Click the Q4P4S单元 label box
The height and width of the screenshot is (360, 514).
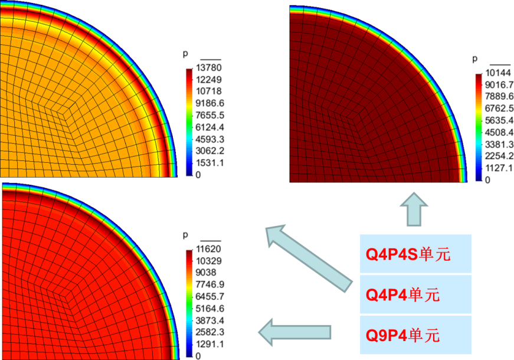(415, 254)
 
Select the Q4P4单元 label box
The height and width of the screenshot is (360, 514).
(415, 294)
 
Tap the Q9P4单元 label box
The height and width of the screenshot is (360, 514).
(415, 335)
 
